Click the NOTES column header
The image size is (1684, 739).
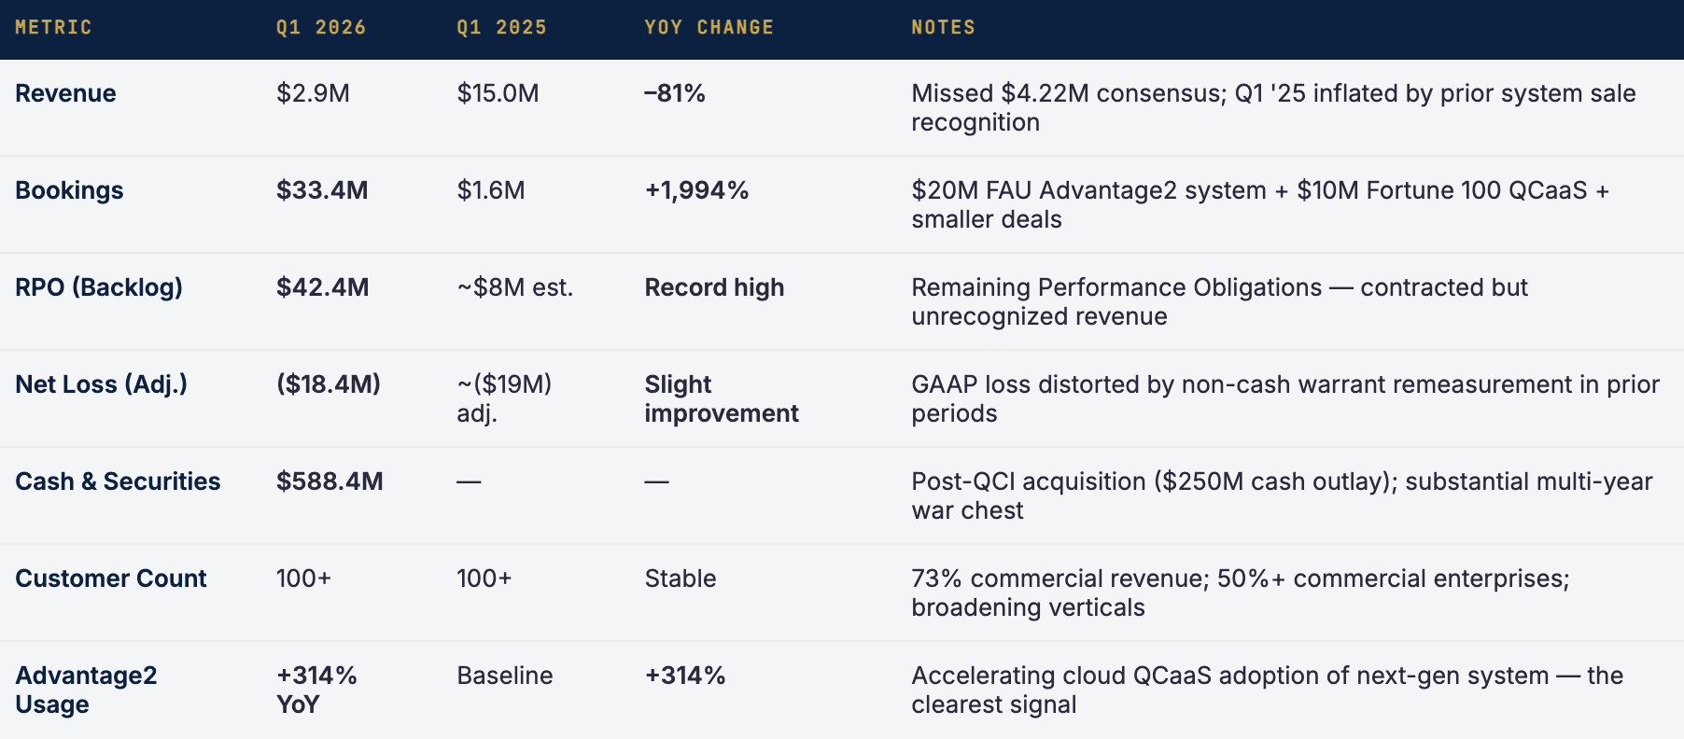tap(943, 28)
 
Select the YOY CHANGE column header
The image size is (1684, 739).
tap(709, 28)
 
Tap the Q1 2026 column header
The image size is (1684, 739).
tap(321, 28)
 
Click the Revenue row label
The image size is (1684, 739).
tap(65, 93)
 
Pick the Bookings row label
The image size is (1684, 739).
tap(69, 190)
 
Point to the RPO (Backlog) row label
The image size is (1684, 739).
tap(99, 287)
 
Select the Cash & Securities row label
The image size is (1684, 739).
tap(118, 481)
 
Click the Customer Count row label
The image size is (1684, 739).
tap(111, 579)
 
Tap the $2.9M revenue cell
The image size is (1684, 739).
tap(313, 93)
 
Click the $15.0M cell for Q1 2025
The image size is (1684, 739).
tap(498, 93)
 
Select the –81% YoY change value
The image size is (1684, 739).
tap(675, 93)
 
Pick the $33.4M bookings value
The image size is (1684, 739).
tap(322, 190)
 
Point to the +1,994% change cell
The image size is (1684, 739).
tap(696, 190)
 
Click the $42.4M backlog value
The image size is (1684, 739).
tap(323, 287)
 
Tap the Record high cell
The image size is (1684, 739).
tap(714, 287)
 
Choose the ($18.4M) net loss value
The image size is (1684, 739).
tap(329, 384)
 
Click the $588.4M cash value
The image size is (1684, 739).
tap(330, 481)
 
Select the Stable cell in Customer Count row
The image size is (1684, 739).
tap(681, 579)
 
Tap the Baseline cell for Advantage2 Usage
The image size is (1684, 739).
tap(505, 676)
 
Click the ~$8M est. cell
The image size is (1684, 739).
tap(515, 287)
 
